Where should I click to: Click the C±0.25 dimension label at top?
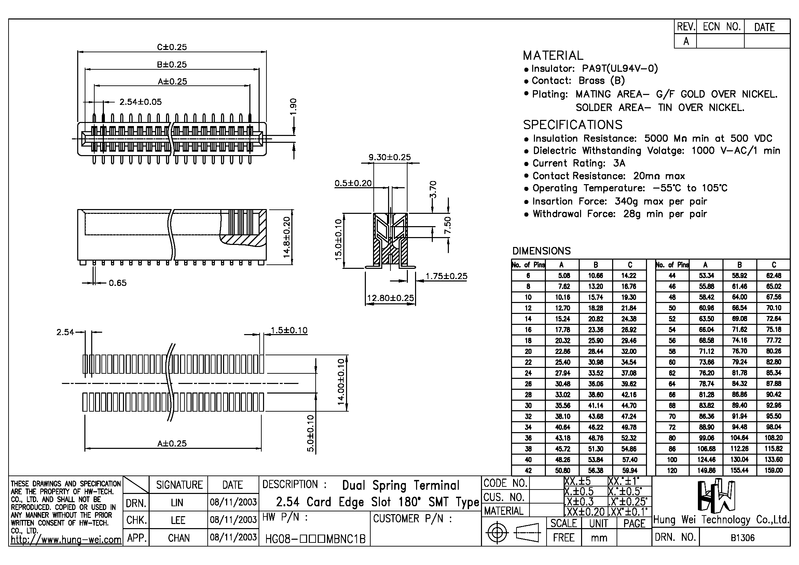point(172,47)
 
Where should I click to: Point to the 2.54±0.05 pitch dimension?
point(141,102)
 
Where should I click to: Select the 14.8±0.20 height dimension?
point(286,237)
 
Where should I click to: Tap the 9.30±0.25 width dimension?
point(390,157)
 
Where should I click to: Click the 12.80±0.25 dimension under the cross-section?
point(390,298)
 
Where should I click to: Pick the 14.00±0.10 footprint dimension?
point(341,382)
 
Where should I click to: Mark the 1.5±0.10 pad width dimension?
point(289,330)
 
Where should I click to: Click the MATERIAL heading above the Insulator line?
point(553,56)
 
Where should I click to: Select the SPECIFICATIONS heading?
point(573,125)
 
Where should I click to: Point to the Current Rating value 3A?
point(619,163)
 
